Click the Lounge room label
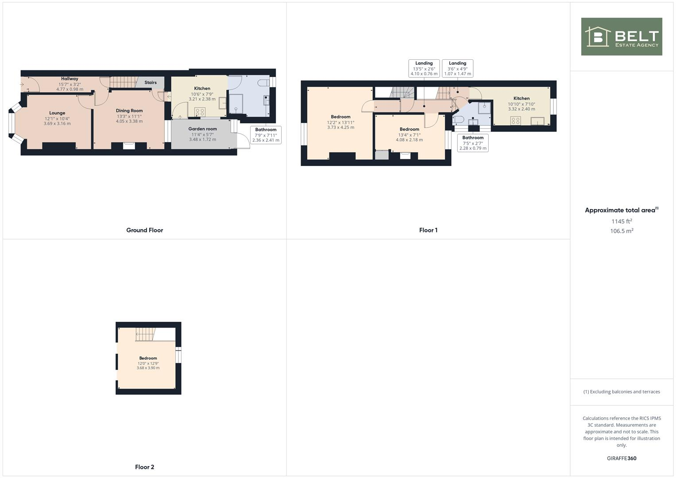(x=57, y=113)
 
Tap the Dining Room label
(x=129, y=111)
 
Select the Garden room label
(x=202, y=129)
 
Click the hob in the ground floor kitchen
(x=200, y=112)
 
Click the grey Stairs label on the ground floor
(x=151, y=83)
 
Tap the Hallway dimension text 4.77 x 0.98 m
(x=70, y=89)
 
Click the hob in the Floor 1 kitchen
(x=515, y=120)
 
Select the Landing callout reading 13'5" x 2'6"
(x=424, y=69)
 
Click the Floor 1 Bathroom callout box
(x=473, y=143)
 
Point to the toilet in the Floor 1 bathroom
(x=458, y=119)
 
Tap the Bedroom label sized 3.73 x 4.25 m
(x=340, y=117)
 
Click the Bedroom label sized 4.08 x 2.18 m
(x=409, y=130)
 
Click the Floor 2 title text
(x=144, y=467)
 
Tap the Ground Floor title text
(x=144, y=230)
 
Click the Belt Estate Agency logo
(x=622, y=37)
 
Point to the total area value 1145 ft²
(x=622, y=221)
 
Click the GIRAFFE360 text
(x=622, y=459)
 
